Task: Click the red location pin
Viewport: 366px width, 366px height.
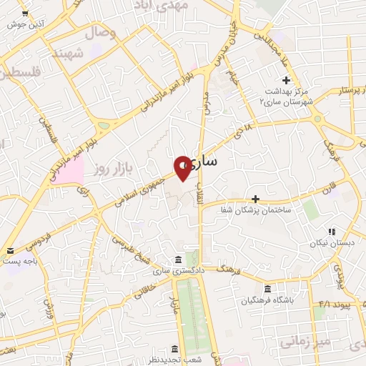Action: [183, 167]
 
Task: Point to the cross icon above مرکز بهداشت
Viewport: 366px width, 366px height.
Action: [286, 79]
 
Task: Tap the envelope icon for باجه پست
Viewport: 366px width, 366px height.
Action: [11, 250]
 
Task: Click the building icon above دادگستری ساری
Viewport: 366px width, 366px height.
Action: [177, 258]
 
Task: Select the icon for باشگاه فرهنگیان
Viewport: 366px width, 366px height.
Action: [267, 289]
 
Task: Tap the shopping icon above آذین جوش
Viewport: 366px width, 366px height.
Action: [25, 13]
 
